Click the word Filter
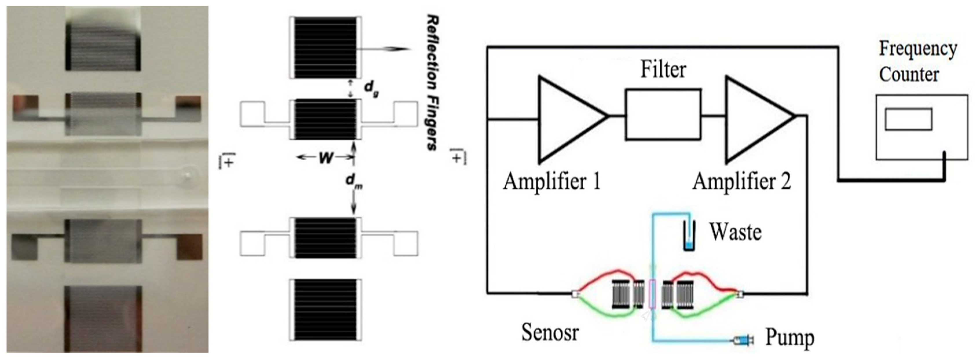point(663,70)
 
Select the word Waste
point(735,232)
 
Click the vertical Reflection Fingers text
point(431,82)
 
